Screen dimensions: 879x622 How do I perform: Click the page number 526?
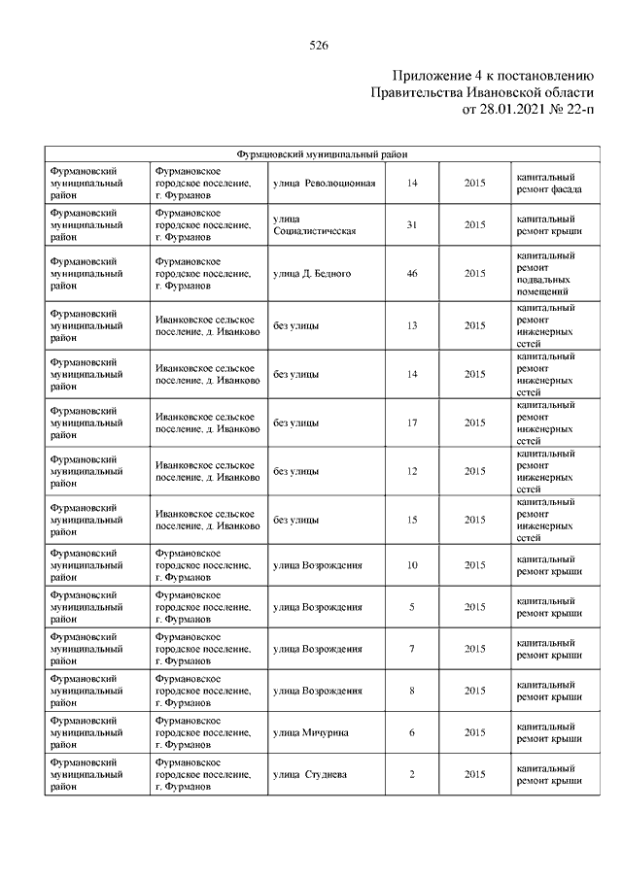tap(318, 45)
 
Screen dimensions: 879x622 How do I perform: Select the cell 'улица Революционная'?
tap(324, 184)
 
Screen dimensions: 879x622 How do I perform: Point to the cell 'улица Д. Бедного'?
tap(312, 274)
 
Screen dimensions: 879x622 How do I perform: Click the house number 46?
tap(412, 274)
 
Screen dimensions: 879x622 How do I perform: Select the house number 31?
tap(412, 225)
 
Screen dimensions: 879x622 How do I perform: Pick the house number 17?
tap(412, 423)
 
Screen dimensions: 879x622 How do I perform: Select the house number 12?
tap(412, 471)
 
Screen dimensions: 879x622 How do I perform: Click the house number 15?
tap(412, 520)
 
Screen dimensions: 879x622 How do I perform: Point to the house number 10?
tap(412, 565)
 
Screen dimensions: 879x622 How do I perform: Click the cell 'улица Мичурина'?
tap(311, 732)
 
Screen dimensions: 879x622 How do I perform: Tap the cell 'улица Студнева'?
tap(309, 774)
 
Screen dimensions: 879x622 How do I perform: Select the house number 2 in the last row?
tap(412, 774)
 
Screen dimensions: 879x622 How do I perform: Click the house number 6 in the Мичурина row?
tap(412, 732)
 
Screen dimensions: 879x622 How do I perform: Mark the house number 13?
tap(412, 325)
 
